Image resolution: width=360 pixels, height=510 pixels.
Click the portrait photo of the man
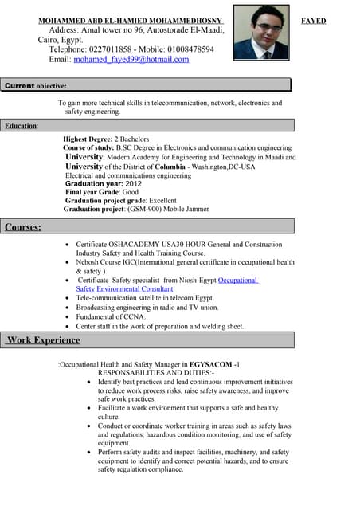[x=261, y=33]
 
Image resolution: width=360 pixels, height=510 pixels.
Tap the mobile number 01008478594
[x=186, y=49]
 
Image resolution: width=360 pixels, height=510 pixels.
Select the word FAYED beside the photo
[x=313, y=21]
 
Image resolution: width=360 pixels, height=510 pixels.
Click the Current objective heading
[x=36, y=85]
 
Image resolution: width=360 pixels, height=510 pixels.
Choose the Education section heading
[x=21, y=126]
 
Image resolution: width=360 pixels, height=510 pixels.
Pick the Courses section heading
[x=23, y=227]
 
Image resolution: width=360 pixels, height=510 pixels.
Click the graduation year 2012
[x=133, y=183]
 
